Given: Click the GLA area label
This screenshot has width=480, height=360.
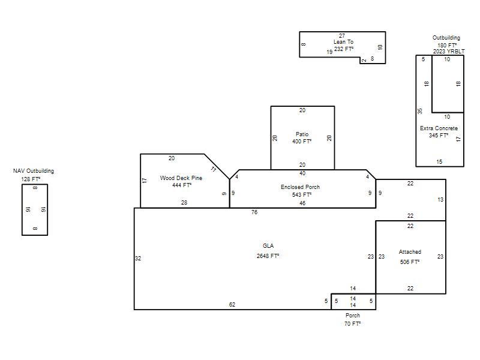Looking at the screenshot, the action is tap(268, 246).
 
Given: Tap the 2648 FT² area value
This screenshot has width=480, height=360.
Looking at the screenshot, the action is tap(268, 256).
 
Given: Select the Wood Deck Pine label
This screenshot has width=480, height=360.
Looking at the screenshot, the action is tap(181, 178).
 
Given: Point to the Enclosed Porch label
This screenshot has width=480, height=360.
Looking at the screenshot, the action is tap(301, 187).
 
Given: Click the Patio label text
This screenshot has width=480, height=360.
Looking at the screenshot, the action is tap(302, 134).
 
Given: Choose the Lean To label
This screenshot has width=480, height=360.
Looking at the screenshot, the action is tap(343, 42).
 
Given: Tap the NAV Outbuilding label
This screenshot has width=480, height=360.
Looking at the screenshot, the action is tap(34, 171).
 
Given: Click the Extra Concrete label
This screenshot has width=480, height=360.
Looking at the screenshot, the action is tap(439, 128).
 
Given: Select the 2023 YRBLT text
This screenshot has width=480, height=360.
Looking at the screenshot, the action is tap(449, 52).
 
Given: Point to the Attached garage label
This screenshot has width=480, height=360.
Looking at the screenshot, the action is tap(410, 252).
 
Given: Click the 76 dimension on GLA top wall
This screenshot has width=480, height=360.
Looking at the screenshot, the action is tap(254, 212).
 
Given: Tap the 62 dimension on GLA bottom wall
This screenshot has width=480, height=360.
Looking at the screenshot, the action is tap(232, 305).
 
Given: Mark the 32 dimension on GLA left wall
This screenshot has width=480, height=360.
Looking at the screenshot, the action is tap(138, 259).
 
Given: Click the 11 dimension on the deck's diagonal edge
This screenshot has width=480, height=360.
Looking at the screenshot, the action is tap(214, 169).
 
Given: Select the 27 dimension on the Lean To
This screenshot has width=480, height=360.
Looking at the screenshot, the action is tap(342, 36).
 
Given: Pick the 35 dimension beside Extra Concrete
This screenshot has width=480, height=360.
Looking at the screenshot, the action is tap(420, 111).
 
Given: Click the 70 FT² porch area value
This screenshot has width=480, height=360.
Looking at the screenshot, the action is tap(352, 323).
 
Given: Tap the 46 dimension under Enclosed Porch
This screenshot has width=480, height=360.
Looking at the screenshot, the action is tap(302, 203).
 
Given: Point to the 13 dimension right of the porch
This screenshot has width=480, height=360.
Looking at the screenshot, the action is tap(440, 200).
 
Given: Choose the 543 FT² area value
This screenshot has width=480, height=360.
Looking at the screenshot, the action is tap(302, 194).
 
